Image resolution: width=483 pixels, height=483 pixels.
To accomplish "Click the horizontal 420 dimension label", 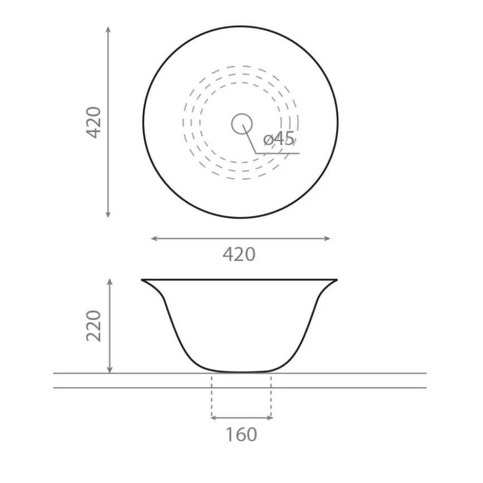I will click(239, 254).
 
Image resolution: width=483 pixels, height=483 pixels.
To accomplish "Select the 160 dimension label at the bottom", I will click(241, 434).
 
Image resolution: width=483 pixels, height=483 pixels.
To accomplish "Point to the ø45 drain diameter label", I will click(279, 139).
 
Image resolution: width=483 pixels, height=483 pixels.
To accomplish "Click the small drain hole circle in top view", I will click(241, 124).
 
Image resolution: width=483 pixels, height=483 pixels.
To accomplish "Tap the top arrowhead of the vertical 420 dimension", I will click(108, 28).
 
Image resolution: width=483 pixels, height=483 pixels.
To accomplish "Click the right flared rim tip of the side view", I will click(336, 279).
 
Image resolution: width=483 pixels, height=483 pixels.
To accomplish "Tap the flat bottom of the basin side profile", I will click(241, 372).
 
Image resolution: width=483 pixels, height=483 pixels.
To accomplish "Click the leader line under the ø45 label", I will click(278, 152).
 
